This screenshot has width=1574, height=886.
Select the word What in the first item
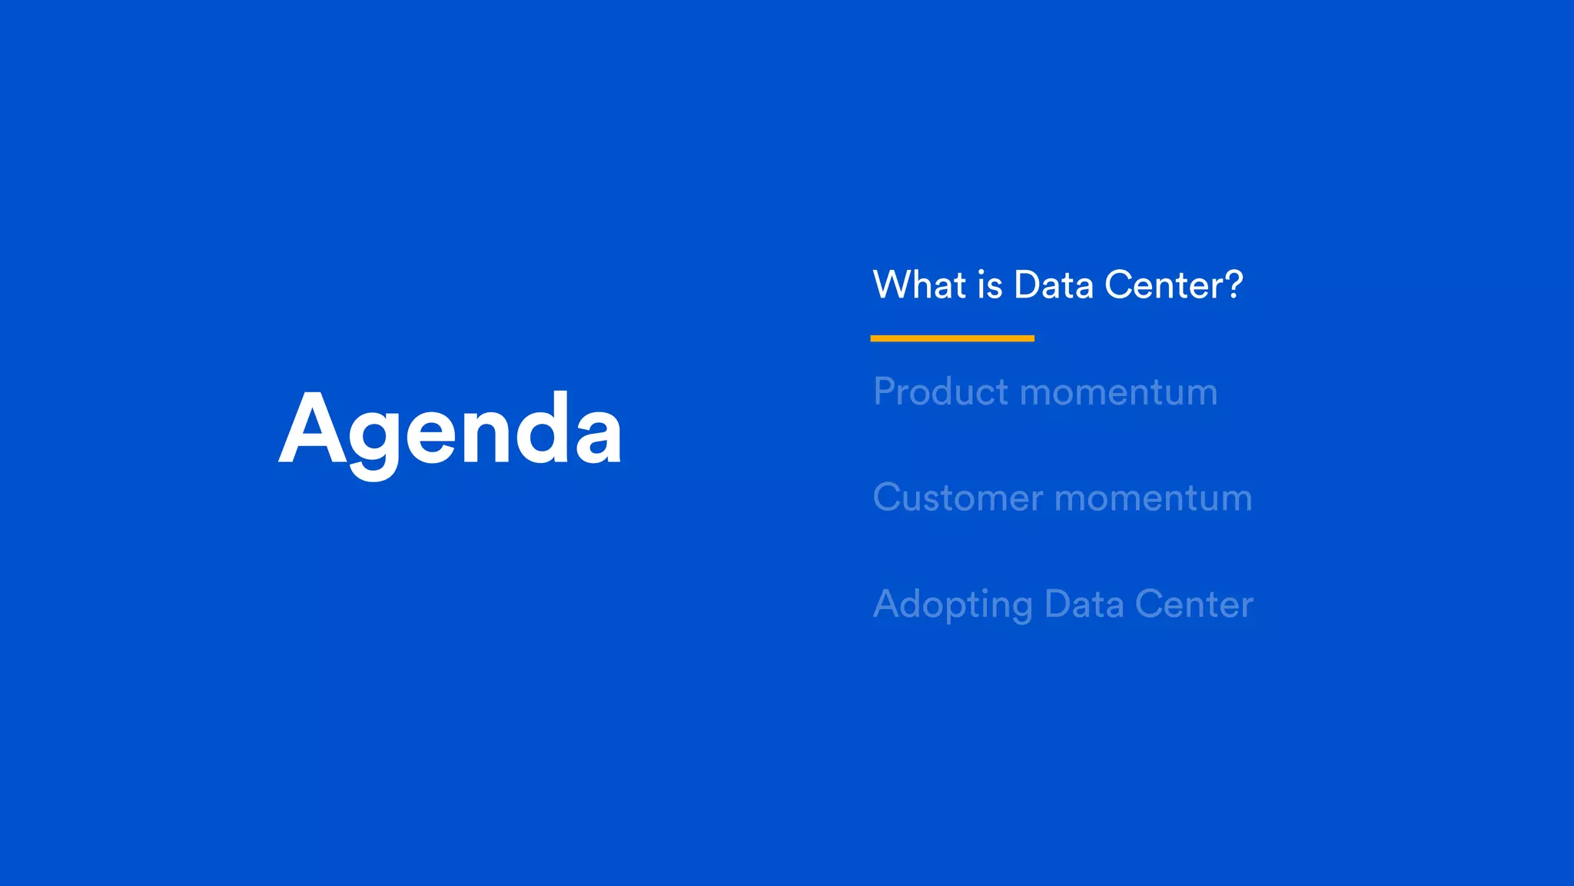pos(919,285)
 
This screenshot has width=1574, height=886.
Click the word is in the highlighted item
pos(990,285)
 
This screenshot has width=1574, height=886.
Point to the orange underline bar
pos(951,338)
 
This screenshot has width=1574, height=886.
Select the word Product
pos(940,391)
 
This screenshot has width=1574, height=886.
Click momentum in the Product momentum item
pos(1118,393)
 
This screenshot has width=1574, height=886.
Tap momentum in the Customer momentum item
pos(1154,498)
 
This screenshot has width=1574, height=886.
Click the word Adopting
pos(952,605)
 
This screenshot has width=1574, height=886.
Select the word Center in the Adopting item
pos(1194,604)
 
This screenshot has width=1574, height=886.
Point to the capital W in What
pos(892,285)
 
